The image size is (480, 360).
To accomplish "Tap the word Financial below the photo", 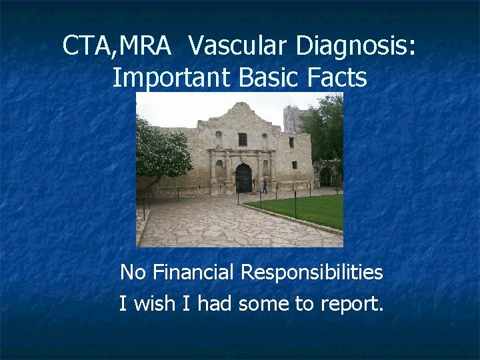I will click(193, 273).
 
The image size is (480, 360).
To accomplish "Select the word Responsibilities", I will click(311, 273).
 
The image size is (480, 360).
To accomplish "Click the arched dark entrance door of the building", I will click(243, 178).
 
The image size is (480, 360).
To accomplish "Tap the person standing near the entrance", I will click(265, 186).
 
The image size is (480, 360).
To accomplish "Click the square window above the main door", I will click(243, 139).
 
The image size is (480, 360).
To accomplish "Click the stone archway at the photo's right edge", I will click(325, 176).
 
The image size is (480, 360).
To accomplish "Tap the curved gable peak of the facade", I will click(242, 108).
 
